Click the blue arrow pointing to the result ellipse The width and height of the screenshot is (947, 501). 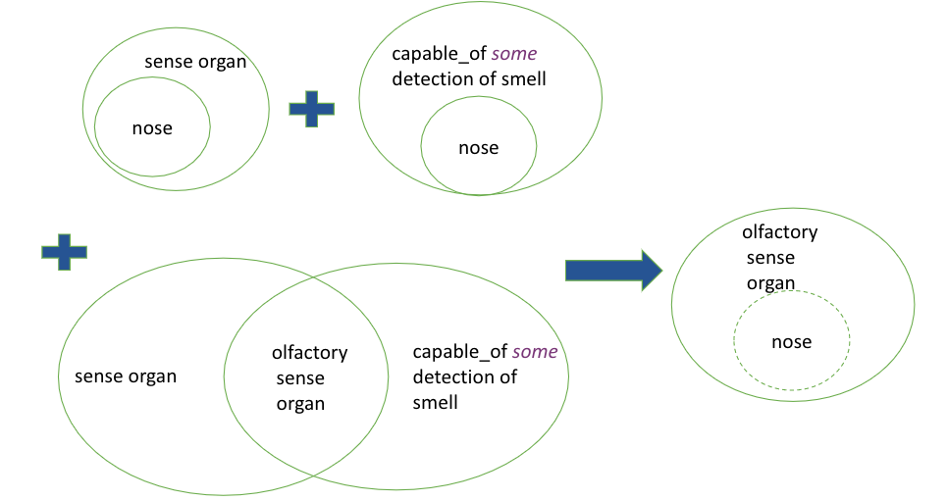tap(613, 270)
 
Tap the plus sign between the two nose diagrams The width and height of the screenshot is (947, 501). tap(312, 109)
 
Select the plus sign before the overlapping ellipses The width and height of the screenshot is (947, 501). tap(64, 252)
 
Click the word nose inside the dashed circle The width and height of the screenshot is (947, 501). tap(791, 342)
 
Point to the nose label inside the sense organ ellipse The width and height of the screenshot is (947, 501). tap(152, 128)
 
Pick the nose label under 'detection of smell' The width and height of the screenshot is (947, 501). tap(478, 148)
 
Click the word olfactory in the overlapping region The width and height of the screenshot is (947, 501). tap(310, 353)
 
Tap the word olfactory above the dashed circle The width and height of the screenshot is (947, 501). tap(780, 231)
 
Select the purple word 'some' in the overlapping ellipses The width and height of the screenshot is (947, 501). tap(535, 352)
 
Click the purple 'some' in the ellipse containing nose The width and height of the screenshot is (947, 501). tap(514, 54)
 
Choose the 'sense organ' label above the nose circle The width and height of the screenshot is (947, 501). tap(195, 62)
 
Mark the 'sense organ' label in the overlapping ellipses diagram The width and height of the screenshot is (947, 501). tap(126, 376)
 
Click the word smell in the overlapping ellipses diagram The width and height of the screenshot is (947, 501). tap(435, 403)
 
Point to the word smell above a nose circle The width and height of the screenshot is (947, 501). tap(524, 79)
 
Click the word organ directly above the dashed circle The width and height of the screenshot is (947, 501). tap(770, 283)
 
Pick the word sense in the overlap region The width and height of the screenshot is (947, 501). tap(300, 378)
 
